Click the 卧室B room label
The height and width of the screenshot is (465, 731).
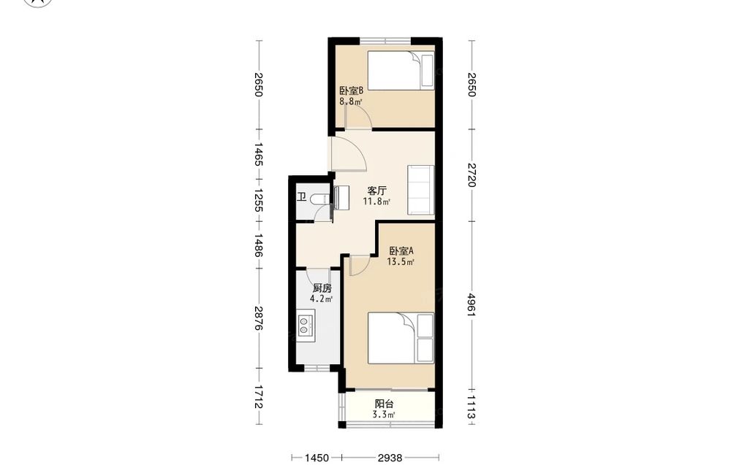coord(348,90)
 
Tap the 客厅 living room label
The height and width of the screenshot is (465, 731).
coord(376,191)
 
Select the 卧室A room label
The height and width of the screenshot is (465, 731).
coord(401,251)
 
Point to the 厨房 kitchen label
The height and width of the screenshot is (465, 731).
coord(322,288)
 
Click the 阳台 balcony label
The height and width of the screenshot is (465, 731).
coord(385,404)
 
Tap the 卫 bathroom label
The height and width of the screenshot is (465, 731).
coord(302,197)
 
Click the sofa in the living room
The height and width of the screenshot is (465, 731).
coord(421,190)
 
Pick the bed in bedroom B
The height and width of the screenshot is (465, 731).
coord(401,71)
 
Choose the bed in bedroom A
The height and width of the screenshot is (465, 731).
coord(401,338)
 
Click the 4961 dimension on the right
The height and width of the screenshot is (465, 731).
coord(471,305)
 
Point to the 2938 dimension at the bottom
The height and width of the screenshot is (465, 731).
coord(390,458)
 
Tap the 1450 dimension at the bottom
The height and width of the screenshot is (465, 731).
coord(317,458)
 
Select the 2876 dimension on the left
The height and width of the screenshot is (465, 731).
coord(260,319)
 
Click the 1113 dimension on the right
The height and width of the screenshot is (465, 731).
coord(471,409)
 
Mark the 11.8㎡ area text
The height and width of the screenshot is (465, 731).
coord(376,201)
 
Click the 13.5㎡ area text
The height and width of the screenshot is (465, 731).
coord(401,261)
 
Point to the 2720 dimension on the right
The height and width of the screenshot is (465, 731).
coord(471,175)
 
